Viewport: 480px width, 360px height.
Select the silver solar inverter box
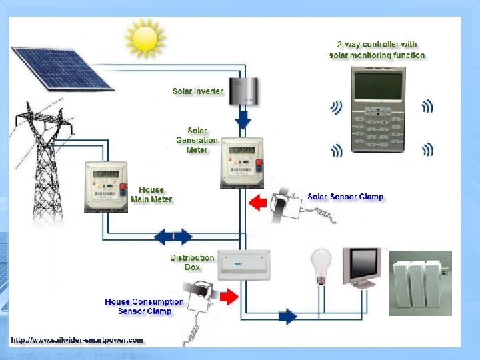pyautogui.click(x=243, y=91)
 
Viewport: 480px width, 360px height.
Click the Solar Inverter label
pyautogui.click(x=198, y=91)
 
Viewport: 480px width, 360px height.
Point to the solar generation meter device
pyautogui.click(x=241, y=164)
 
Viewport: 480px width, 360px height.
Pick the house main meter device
pyautogui.click(x=105, y=187)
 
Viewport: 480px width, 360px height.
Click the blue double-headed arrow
pyautogui.click(x=174, y=236)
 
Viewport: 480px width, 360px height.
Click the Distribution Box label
pyautogui.click(x=192, y=262)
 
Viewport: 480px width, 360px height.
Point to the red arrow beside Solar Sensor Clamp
pyautogui.click(x=257, y=200)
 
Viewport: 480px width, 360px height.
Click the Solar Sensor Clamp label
pyautogui.click(x=345, y=197)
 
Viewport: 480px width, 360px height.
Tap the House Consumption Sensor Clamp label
pyautogui.click(x=144, y=307)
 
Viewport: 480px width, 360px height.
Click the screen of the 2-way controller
pyautogui.click(x=378, y=87)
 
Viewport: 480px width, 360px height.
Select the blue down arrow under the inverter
pyautogui.click(x=243, y=120)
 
